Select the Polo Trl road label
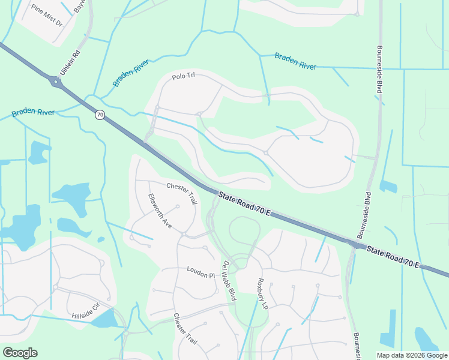coord(184,76)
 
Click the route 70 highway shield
coord(100,114)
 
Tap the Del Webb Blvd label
coord(229,281)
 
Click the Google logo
coord(20,353)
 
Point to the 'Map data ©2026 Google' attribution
coord(412,355)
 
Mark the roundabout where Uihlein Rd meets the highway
coord(58,83)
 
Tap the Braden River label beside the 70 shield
coord(33,112)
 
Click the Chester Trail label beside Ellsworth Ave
coord(182,193)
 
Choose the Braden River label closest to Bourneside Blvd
coord(295,61)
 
